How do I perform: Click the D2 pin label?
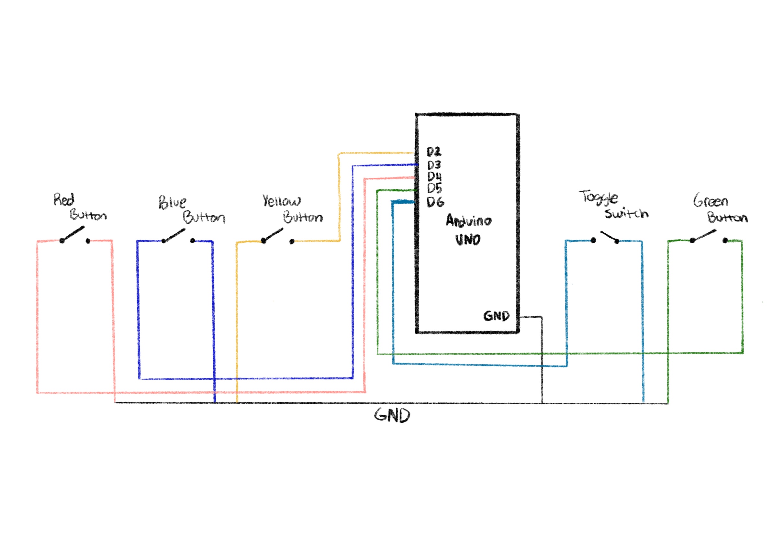coord(434,152)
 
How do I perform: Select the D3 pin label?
coord(434,165)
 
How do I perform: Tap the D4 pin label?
coord(434,176)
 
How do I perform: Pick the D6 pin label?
coord(435,202)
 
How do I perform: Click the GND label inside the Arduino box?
coord(496,316)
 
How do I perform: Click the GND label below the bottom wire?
coord(392,415)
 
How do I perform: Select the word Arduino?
coord(469,220)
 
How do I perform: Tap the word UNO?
coord(468,240)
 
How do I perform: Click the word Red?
coord(64,199)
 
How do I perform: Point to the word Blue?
coord(172,202)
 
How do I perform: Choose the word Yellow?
coord(281,201)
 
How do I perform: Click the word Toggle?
coord(599,197)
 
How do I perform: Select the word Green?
coord(711,201)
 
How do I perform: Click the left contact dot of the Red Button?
coord(62,241)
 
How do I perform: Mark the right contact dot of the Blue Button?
coord(193,240)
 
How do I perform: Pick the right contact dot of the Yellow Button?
coord(292,242)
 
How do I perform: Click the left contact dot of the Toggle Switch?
coord(593,240)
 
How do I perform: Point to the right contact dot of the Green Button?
coord(725,240)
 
